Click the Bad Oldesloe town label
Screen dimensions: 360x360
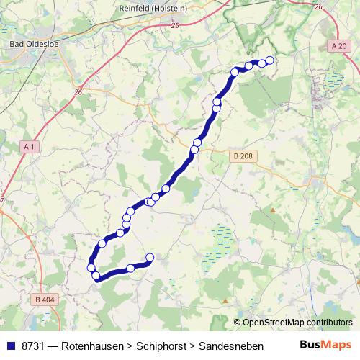click(x=30, y=45)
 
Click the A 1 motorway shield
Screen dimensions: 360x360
click(x=29, y=146)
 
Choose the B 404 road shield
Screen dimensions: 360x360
click(x=42, y=299)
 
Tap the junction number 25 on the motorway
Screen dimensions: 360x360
click(x=175, y=26)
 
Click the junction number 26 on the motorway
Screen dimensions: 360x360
click(x=78, y=91)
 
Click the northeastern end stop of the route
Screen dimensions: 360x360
click(x=270, y=60)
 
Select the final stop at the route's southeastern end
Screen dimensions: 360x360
click(x=150, y=257)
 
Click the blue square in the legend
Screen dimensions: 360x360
click(x=10, y=346)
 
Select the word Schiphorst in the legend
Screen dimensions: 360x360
click(x=165, y=346)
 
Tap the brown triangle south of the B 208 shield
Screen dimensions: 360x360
click(x=273, y=210)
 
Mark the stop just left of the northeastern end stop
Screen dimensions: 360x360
click(x=262, y=62)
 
